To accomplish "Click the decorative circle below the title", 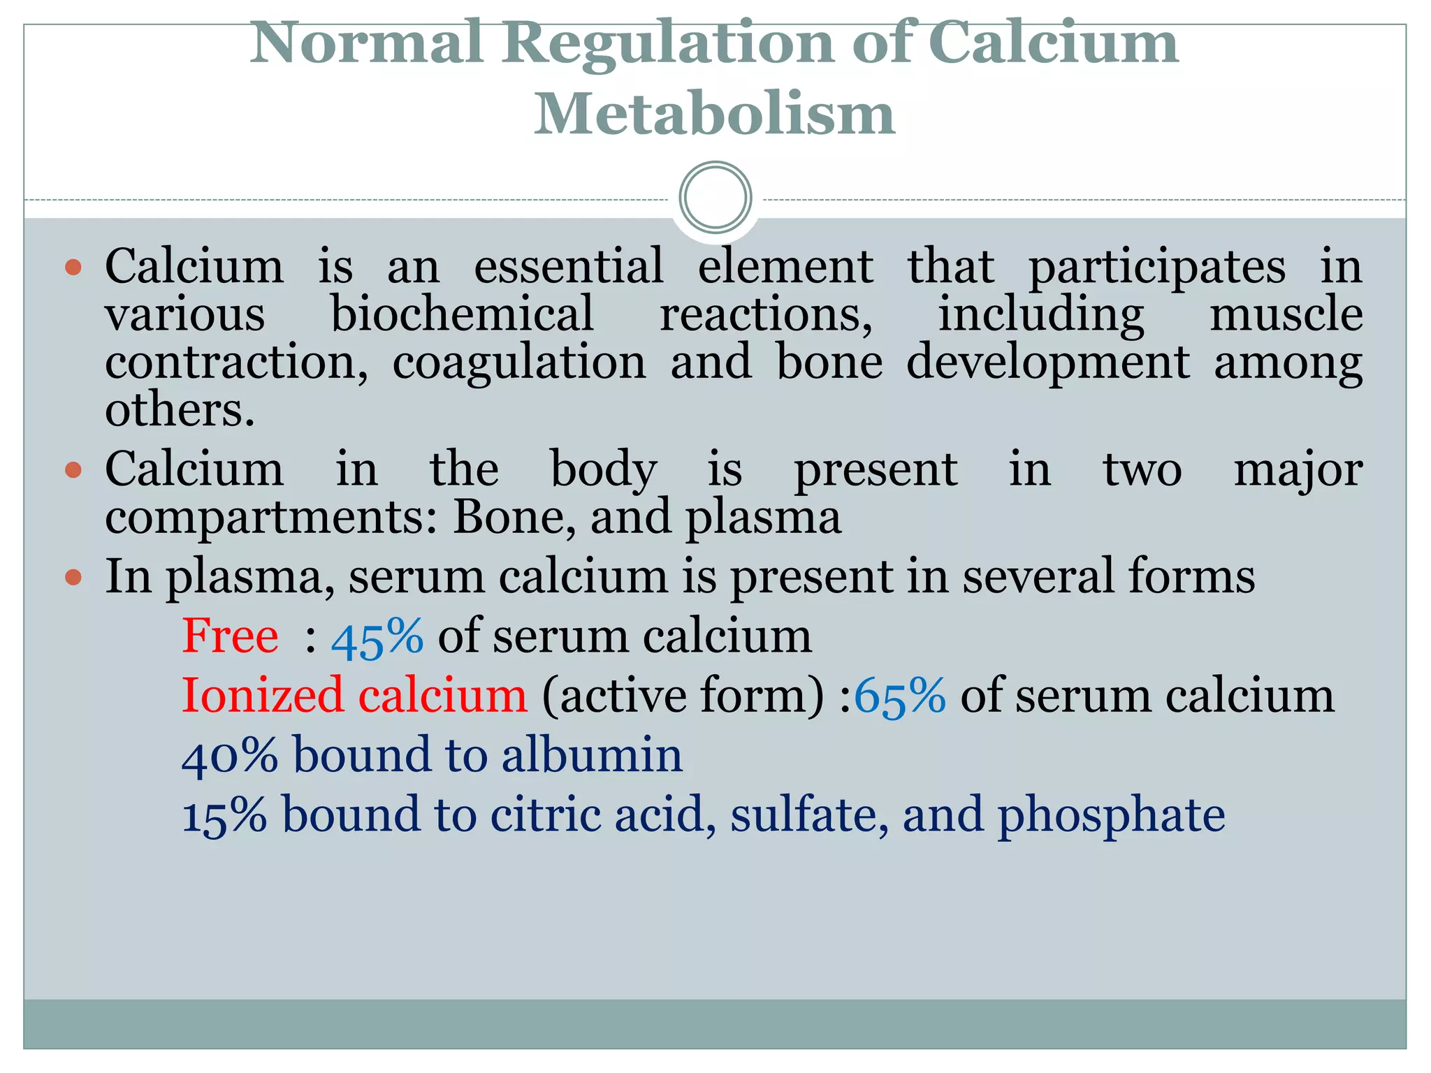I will click(x=715, y=198).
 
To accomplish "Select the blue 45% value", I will click(x=377, y=637).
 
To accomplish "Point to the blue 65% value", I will click(x=900, y=696).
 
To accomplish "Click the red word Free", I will click(x=230, y=636).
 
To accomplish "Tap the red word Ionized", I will click(x=263, y=696).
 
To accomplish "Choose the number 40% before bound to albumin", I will click(x=229, y=756).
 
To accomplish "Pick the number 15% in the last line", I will click(x=224, y=815).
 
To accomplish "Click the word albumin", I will click(x=592, y=755).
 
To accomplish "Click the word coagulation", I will click(x=519, y=363).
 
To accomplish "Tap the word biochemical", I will click(x=462, y=314).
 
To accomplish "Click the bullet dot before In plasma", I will click(x=73, y=578).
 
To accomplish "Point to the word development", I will click(x=1048, y=363).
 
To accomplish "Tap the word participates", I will click(x=1156, y=268).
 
